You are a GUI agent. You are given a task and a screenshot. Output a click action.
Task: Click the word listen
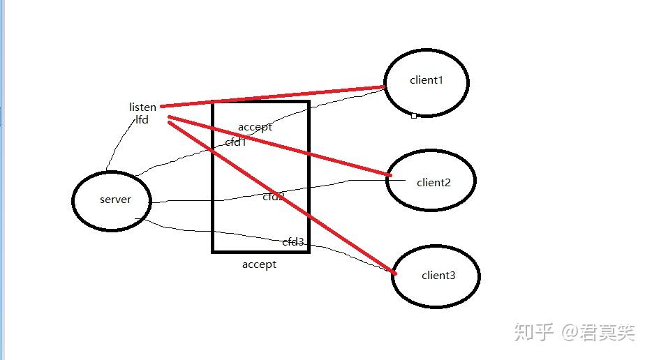point(142,107)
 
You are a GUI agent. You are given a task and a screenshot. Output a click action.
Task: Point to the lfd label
point(142,119)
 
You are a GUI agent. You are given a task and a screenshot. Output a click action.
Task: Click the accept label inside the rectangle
point(255,127)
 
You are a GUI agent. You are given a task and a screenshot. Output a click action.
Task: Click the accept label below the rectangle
point(259,264)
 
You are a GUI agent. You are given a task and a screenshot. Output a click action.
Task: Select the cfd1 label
point(236,142)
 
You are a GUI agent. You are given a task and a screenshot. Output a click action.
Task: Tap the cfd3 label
point(293,242)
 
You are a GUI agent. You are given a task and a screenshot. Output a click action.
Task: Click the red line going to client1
point(272,96)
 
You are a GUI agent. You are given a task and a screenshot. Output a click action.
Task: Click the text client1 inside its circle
point(427,80)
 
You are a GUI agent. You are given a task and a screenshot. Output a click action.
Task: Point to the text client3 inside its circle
point(438,276)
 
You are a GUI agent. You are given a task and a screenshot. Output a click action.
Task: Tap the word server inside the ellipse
point(115,200)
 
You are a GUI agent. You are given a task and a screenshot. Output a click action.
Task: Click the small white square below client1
point(414,116)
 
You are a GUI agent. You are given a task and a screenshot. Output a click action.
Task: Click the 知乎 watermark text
point(534,332)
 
